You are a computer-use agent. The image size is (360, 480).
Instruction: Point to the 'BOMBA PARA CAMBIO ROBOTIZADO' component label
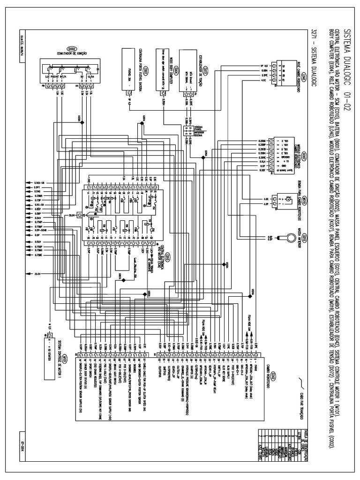pos(296,202)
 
